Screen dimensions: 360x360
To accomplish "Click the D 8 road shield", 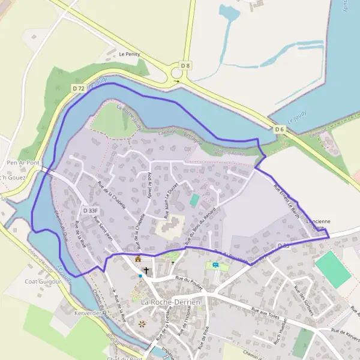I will click(x=186, y=65).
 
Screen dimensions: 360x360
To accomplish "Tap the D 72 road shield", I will click(x=79, y=88).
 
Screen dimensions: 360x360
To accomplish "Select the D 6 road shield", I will click(x=280, y=129).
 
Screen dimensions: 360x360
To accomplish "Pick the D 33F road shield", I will click(x=91, y=211).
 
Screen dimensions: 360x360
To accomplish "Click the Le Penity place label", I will click(x=129, y=54).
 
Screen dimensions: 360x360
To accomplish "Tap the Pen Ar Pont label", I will click(x=22, y=163).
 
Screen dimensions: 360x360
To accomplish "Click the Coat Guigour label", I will click(x=43, y=281).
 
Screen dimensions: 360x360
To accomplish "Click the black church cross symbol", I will click(x=146, y=271).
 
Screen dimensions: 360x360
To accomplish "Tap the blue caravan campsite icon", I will click(x=215, y=265).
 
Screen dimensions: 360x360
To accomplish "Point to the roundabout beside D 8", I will click(x=177, y=74).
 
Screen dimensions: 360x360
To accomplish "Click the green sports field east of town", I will click(x=333, y=269).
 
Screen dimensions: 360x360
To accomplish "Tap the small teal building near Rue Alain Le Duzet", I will click(x=194, y=200).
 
